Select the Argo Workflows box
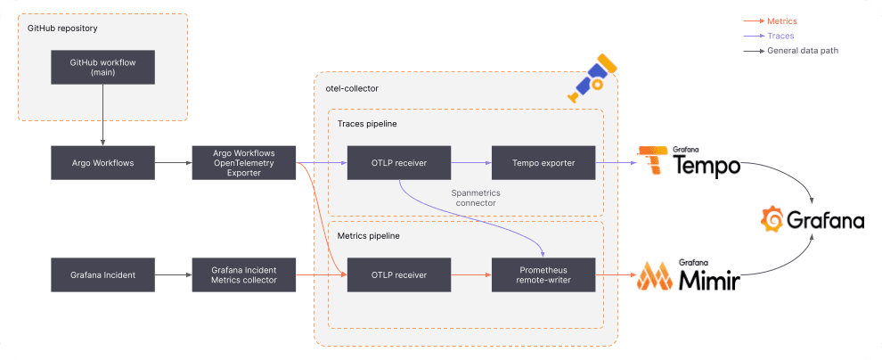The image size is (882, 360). pos(102,163)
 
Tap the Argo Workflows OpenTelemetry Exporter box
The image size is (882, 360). pos(243,163)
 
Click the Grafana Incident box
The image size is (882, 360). pos(102,274)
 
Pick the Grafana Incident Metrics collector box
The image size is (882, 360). pos(243,274)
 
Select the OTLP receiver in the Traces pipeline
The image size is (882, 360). pos(398,163)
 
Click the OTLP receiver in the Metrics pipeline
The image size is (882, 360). pos(398,274)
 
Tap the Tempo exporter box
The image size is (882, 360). pos(543,163)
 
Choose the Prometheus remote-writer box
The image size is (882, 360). pos(543,274)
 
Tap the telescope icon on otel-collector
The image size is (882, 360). pos(592,78)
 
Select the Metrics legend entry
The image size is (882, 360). pos(781,20)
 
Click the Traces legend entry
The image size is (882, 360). pos(780,36)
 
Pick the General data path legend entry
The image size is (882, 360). pos(802,51)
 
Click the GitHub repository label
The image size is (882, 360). pos(62,29)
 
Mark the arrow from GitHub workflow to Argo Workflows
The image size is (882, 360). pos(102,115)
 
